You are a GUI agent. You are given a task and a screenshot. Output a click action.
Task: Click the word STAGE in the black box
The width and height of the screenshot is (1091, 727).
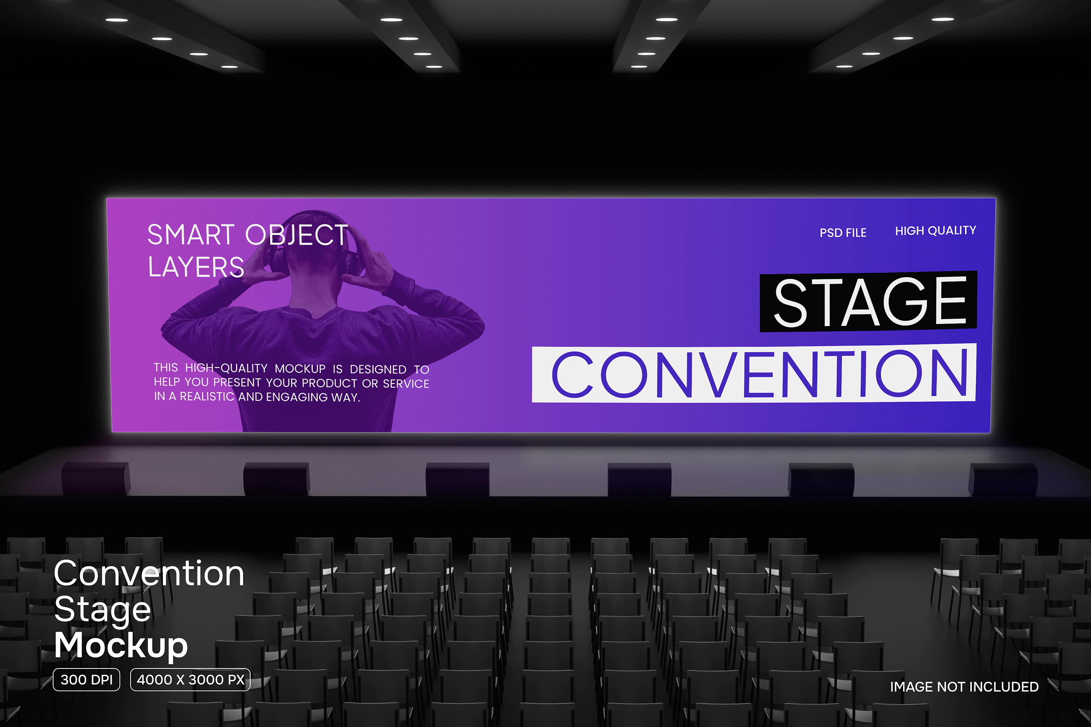click(x=871, y=301)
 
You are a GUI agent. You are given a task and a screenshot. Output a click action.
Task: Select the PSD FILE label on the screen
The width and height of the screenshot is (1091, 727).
click(x=843, y=233)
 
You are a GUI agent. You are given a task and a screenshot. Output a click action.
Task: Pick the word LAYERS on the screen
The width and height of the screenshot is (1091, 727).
click(x=196, y=267)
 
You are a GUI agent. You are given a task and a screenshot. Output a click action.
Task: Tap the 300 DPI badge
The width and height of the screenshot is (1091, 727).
click(x=86, y=680)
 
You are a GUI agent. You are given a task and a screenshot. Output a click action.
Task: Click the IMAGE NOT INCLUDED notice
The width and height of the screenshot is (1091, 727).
click(x=964, y=687)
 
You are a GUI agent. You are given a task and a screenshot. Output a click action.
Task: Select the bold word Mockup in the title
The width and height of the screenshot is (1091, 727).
click(x=121, y=646)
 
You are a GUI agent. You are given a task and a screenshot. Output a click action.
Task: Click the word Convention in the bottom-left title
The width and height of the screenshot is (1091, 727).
click(x=149, y=574)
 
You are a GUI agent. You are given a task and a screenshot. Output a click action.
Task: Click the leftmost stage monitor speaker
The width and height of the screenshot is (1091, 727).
click(x=96, y=478)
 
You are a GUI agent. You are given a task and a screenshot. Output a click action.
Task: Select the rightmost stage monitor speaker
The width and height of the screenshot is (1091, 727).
click(x=1003, y=479)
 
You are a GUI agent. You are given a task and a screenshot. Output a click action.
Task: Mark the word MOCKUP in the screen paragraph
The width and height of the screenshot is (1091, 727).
click(x=300, y=369)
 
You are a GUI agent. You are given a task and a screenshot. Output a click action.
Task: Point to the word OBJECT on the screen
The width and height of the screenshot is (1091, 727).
click(x=296, y=235)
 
